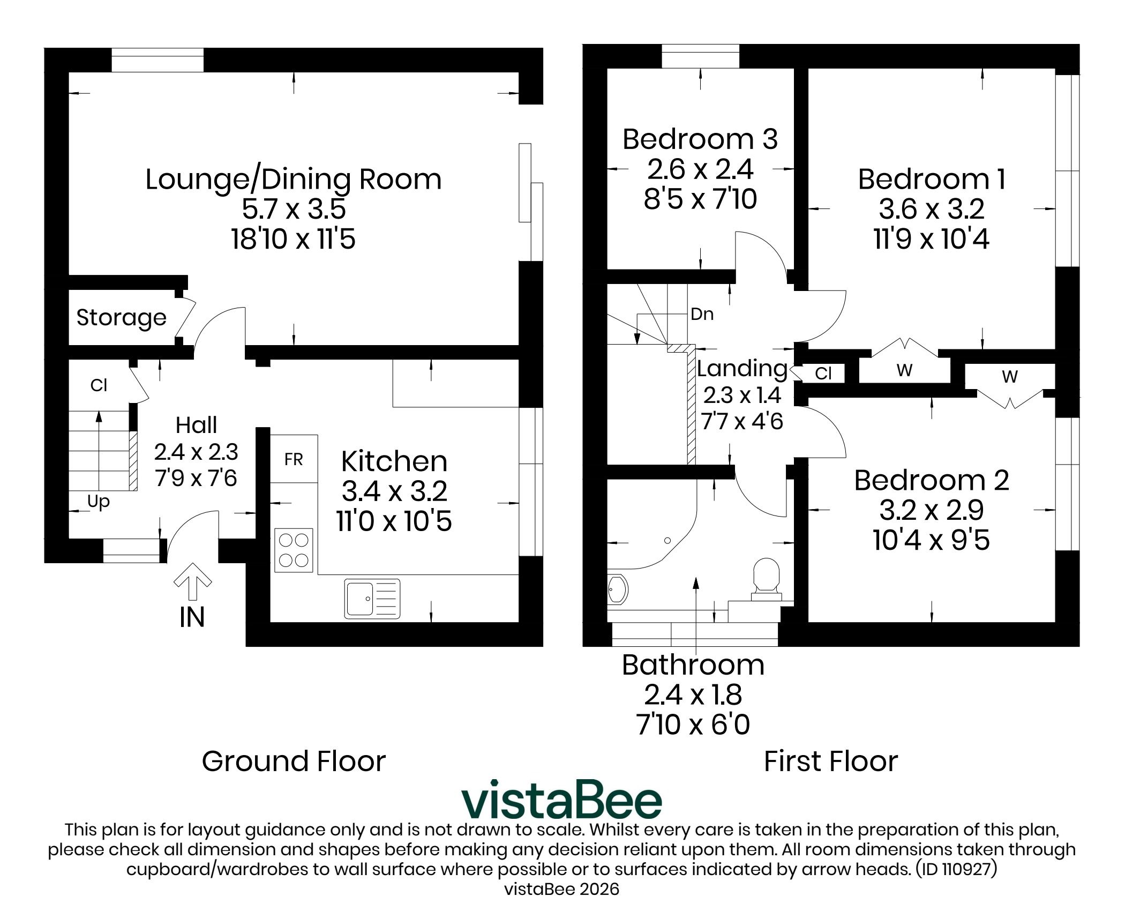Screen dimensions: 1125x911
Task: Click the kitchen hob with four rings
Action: pos(294,550)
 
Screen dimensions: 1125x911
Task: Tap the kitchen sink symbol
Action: pos(372,599)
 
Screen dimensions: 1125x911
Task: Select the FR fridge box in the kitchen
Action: pos(294,459)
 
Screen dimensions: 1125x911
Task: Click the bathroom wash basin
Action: pos(617,590)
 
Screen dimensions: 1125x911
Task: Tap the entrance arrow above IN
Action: pos(193,581)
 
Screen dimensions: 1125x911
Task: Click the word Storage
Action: pos(122,318)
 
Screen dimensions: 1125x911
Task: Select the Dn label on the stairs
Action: pos(702,313)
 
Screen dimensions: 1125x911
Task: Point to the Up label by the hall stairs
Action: pos(99,502)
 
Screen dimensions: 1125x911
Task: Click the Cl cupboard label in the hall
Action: pos(99,385)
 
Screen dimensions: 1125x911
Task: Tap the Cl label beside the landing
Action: pos(823,373)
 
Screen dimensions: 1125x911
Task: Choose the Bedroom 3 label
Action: pos(700,139)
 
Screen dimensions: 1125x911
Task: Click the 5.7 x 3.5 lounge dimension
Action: pos(294,209)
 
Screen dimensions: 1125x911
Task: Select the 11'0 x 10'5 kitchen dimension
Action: pos(394,520)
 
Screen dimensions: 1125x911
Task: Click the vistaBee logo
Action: pos(562,801)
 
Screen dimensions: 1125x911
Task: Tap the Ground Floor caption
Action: pos(294,761)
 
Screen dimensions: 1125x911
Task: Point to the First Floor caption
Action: pos(831,761)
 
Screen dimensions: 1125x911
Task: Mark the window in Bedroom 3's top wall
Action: pos(701,56)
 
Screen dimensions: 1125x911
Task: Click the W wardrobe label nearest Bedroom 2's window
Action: pos(1010,377)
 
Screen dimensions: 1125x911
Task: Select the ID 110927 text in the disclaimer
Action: pos(957,869)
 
